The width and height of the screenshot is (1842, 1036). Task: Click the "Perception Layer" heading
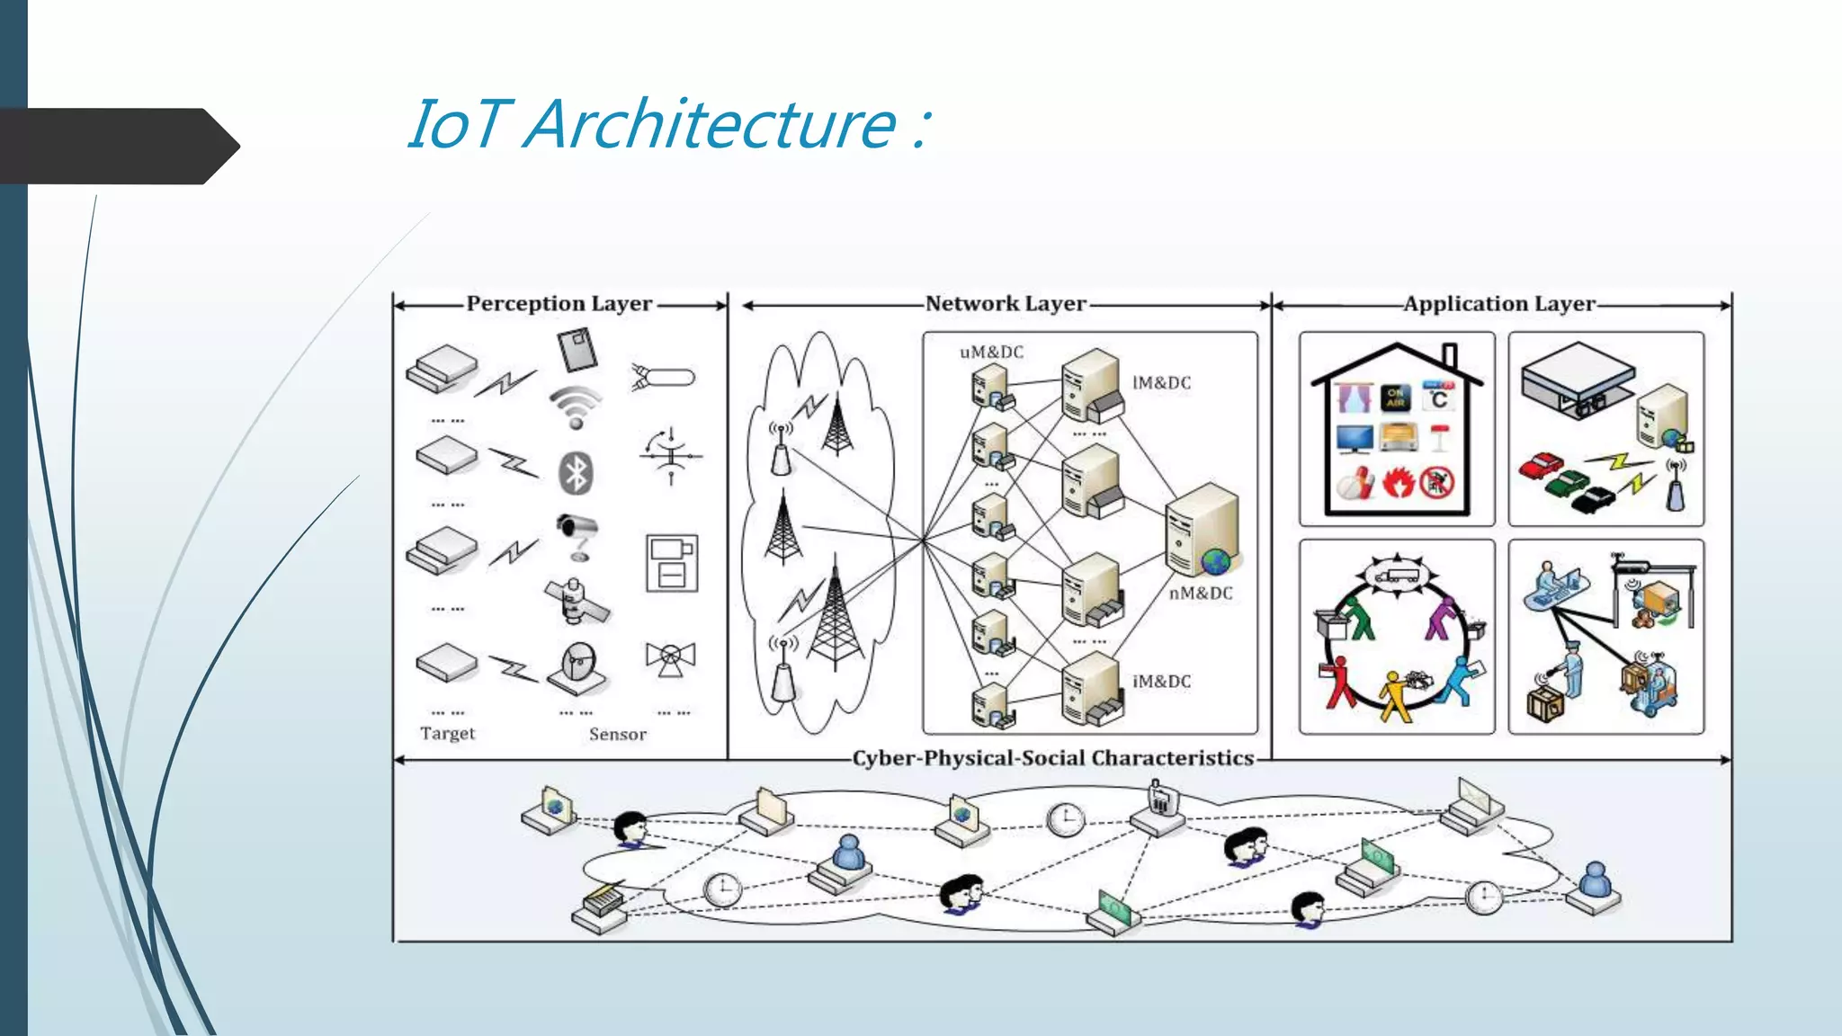tap(559, 304)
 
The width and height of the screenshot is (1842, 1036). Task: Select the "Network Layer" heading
tap(1006, 304)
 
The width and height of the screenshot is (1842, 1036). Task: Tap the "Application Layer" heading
tap(1499, 304)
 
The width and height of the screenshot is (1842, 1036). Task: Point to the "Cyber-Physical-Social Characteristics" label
tap(1052, 758)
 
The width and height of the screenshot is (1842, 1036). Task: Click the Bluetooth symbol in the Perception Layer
tap(576, 472)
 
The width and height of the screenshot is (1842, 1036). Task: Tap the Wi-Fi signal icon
tap(576, 407)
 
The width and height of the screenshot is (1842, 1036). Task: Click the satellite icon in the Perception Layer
tap(577, 602)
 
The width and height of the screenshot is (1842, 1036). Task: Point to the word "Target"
tap(447, 733)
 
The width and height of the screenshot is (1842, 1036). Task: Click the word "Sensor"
tap(617, 734)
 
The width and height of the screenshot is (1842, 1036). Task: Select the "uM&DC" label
tap(991, 353)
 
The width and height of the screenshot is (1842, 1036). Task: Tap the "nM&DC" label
tap(1200, 594)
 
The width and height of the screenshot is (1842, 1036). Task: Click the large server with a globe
tap(1203, 531)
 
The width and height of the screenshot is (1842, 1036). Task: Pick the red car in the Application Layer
tap(1541, 466)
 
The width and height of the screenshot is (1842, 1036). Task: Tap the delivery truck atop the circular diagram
tap(1396, 574)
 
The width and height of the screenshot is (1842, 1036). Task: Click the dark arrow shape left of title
tap(117, 147)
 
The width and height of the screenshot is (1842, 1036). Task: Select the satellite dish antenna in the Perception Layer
tap(577, 668)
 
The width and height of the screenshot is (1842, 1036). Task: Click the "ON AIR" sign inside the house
tap(1395, 397)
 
